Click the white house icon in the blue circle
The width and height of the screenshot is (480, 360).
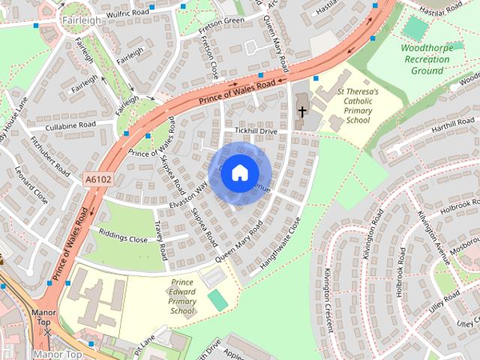point(239,172)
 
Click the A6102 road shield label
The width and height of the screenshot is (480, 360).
point(97,179)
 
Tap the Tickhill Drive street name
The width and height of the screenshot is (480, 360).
point(256,130)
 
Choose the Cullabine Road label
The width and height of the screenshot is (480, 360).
point(70,124)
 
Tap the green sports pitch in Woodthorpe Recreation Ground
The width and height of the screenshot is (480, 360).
point(414,28)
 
